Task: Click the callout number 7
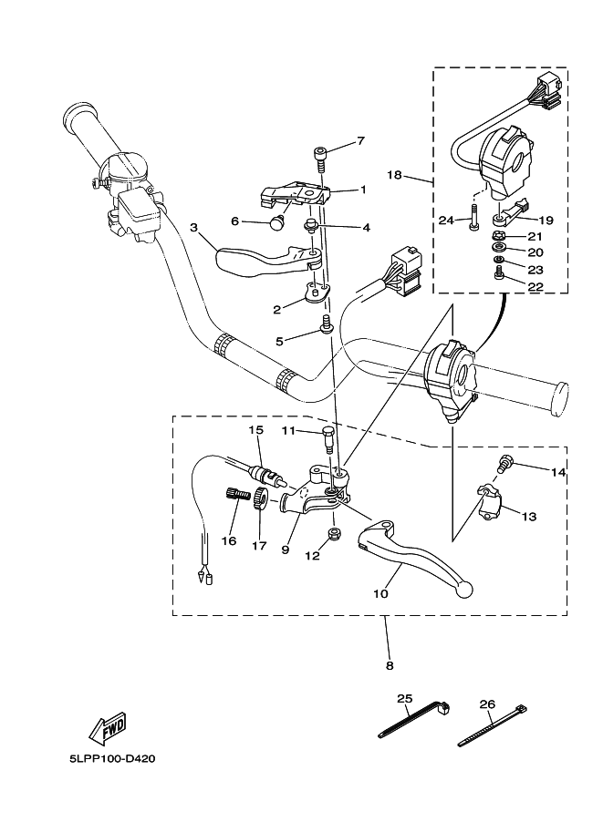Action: click(360, 140)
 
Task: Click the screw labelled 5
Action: click(324, 325)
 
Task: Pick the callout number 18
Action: click(419, 173)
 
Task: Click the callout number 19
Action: click(546, 220)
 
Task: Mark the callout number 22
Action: click(535, 286)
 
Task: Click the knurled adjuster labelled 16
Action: click(237, 494)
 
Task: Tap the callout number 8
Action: click(390, 665)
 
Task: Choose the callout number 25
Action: click(404, 698)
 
